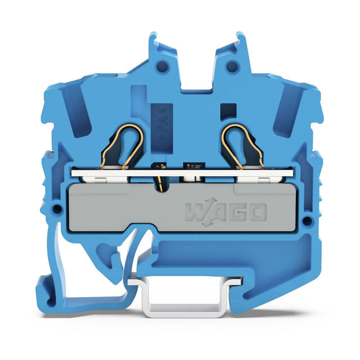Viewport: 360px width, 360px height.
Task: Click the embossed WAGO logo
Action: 226,212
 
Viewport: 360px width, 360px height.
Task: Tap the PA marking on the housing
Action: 162,124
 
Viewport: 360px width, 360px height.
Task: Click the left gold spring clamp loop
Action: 123,147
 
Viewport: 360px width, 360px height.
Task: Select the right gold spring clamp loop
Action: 243,147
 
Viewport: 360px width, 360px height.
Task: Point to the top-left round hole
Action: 162,66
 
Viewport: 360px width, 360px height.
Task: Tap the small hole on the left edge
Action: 57,209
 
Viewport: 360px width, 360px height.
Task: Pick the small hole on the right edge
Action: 307,220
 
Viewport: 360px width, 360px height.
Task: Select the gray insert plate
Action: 182,208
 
